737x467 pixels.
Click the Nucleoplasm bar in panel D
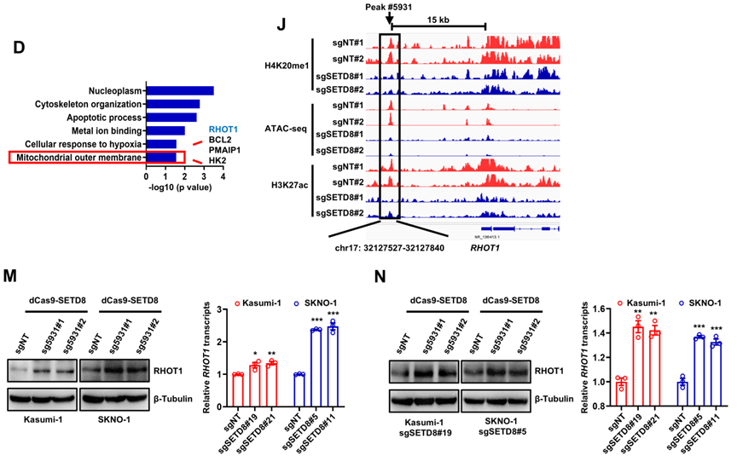(179, 90)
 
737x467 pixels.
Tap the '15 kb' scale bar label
(439, 19)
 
